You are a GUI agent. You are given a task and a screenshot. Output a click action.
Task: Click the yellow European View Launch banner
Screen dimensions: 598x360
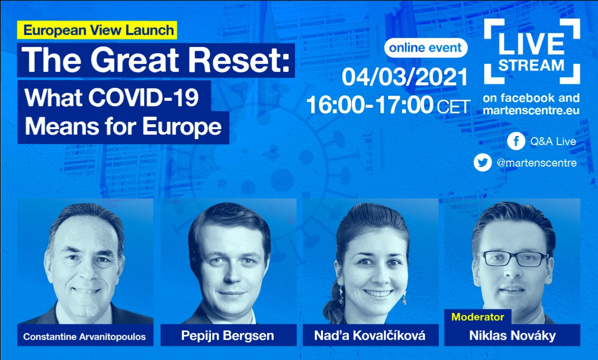click(97, 30)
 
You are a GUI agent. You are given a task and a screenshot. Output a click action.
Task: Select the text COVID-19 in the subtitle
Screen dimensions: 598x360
click(144, 98)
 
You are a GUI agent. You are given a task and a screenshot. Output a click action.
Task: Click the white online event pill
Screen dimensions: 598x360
click(426, 48)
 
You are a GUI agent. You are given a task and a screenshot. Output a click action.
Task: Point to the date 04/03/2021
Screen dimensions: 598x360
click(405, 77)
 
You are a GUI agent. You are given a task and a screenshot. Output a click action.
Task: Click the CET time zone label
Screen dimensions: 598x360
click(453, 107)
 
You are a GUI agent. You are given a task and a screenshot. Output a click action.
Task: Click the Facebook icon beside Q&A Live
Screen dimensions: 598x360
click(516, 141)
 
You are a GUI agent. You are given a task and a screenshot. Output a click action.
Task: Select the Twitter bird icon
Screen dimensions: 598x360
click(483, 163)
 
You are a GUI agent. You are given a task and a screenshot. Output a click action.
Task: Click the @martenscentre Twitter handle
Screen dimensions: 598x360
click(537, 163)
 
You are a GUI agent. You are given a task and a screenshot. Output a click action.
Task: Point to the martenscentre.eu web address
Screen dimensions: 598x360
click(531, 111)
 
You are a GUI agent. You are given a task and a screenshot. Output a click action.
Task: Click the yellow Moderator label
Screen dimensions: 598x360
click(478, 317)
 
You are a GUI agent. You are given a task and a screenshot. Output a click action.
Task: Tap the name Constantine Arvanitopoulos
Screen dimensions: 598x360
click(84, 337)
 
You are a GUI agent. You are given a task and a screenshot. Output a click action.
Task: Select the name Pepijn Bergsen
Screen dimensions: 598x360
click(228, 336)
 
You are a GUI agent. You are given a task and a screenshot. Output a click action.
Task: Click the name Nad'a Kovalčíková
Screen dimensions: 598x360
click(369, 336)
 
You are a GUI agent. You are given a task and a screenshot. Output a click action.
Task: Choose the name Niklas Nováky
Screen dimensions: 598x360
click(512, 336)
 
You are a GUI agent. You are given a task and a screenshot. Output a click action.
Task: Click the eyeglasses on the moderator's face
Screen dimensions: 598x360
click(514, 258)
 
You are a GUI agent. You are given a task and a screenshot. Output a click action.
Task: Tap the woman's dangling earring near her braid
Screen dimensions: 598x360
click(341, 295)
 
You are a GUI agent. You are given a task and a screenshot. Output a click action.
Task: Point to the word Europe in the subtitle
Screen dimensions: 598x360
click(182, 127)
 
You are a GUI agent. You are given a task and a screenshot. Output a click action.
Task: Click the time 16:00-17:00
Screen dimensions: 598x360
click(370, 105)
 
